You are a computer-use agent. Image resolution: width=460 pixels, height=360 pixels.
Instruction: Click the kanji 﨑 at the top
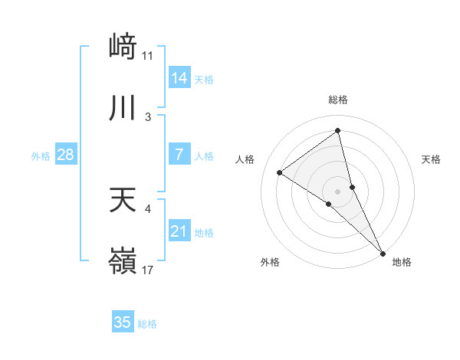point(123,47)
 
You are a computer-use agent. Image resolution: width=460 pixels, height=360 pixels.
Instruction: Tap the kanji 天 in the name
point(123,200)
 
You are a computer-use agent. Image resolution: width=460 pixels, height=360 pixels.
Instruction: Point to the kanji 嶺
point(123,260)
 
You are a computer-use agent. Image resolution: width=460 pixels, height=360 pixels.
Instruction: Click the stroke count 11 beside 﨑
point(148,56)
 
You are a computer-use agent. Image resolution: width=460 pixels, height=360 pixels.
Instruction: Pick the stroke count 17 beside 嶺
point(148,270)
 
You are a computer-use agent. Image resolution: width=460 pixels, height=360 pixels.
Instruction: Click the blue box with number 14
point(179,78)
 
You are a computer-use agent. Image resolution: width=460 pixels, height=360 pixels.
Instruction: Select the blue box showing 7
point(179,155)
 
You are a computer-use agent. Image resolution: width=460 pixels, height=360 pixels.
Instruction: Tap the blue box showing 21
point(179,231)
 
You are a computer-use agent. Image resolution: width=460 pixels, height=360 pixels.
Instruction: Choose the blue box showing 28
point(66,155)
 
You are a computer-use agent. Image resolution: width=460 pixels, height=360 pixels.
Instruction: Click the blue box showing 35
point(123,322)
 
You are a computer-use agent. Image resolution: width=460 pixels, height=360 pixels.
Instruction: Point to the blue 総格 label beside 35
point(148,324)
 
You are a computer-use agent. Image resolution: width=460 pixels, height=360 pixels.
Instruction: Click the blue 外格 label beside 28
point(41,156)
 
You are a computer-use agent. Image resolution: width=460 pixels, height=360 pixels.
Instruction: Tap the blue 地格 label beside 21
point(205,233)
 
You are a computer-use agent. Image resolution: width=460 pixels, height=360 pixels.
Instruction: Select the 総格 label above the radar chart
point(338,100)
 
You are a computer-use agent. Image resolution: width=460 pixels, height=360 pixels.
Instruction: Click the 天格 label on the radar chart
point(432,159)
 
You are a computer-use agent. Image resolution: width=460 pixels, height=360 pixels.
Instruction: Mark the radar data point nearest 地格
point(383,252)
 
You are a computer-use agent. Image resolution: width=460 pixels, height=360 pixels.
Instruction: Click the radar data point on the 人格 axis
point(279,172)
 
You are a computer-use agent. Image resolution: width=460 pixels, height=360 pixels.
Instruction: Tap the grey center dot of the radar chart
point(338,191)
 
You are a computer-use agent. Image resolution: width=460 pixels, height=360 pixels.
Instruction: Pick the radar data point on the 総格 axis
point(338,131)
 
